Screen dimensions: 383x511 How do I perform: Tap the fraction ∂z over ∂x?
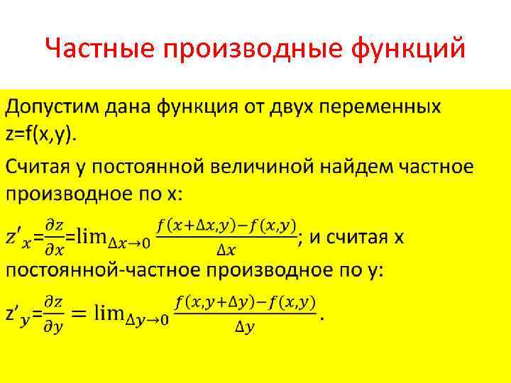pyautogui.click(x=55, y=236)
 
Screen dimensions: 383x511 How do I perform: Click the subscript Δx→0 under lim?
pyautogui.click(x=128, y=243)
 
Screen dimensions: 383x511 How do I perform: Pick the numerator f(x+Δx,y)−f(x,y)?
pyautogui.click(x=226, y=226)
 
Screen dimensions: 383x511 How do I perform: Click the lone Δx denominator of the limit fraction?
pyautogui.click(x=226, y=249)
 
